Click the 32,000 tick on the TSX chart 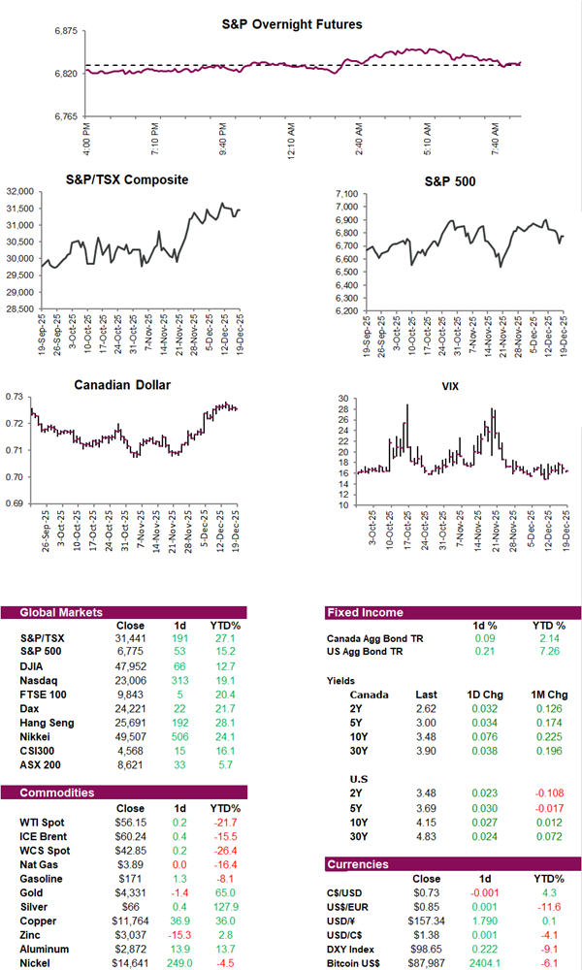point(22,192)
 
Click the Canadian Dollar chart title point(123,385)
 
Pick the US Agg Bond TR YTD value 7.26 point(547,653)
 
